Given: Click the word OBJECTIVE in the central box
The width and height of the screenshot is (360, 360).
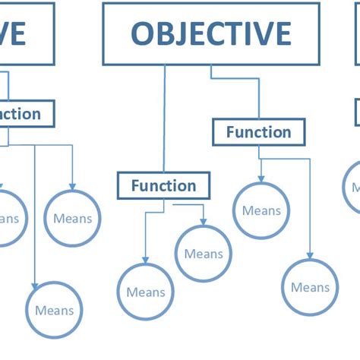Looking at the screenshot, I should (210, 34).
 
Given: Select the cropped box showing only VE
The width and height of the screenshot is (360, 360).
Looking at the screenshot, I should (23, 34).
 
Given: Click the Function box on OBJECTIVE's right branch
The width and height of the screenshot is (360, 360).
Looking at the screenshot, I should (258, 132).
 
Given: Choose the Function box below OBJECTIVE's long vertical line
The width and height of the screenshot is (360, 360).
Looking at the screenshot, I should (163, 185).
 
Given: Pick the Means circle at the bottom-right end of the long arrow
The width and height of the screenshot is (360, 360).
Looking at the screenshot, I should (310, 287).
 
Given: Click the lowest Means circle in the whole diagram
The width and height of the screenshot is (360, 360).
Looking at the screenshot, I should (55, 310).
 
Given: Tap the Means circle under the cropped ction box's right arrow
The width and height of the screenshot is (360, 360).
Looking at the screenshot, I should (72, 219).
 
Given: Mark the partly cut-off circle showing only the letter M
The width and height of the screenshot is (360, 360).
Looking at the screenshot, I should (352, 187).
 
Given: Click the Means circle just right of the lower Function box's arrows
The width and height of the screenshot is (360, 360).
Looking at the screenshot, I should (203, 254).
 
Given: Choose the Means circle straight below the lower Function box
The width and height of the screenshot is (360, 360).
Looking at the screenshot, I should (145, 292).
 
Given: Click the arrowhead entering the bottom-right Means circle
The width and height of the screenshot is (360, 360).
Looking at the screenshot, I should (310, 257).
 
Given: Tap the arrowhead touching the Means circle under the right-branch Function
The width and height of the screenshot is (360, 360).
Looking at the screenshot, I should (261, 180).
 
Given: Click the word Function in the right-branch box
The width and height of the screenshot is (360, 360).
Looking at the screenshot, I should (258, 132).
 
